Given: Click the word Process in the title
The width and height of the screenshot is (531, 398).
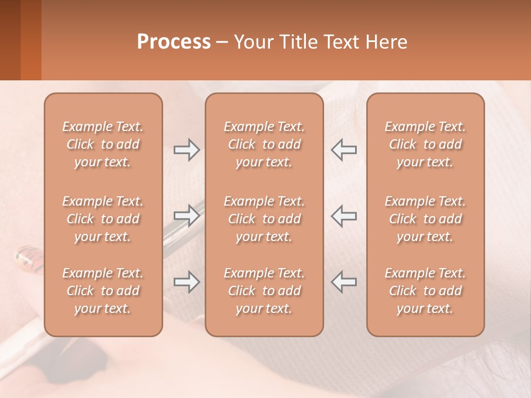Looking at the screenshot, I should point(174,42).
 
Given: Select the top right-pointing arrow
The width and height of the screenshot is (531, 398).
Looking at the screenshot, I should point(186,150).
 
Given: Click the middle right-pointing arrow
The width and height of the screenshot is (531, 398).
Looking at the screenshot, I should point(186,216).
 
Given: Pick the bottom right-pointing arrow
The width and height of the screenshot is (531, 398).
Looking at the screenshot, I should point(186,282).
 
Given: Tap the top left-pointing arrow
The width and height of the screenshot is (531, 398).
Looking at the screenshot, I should point(344,150).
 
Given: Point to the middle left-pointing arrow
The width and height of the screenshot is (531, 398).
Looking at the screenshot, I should point(344,216).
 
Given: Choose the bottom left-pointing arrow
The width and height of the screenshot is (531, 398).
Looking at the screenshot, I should point(344,282).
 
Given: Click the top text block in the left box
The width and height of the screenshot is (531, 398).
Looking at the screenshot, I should point(103,144).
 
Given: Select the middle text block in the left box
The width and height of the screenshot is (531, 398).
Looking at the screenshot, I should point(103,219).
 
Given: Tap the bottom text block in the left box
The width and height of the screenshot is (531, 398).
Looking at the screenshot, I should point(103,291).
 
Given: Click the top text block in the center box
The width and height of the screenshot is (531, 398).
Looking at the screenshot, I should point(264,144).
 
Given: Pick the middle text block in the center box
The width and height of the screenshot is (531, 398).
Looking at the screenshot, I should point(264,219).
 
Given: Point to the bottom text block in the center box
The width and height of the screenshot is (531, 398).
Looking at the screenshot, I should point(264,291).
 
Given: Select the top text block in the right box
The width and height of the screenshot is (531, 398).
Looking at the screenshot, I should point(425,144).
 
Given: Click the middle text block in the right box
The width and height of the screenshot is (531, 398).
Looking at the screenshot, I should point(425,219).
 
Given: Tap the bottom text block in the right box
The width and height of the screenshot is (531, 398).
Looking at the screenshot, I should point(425,291).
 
